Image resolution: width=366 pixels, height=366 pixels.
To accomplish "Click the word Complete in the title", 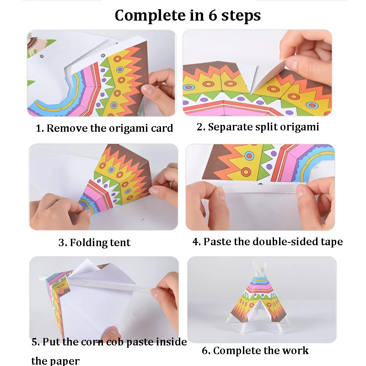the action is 151,16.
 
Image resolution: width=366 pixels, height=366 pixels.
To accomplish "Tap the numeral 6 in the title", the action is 213,16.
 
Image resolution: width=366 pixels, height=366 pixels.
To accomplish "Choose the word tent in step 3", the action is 120,242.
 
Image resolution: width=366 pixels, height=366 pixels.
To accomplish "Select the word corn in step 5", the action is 93,342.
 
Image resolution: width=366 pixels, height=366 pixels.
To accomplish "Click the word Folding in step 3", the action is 88,243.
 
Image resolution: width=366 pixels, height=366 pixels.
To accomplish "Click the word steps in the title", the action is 241,16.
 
